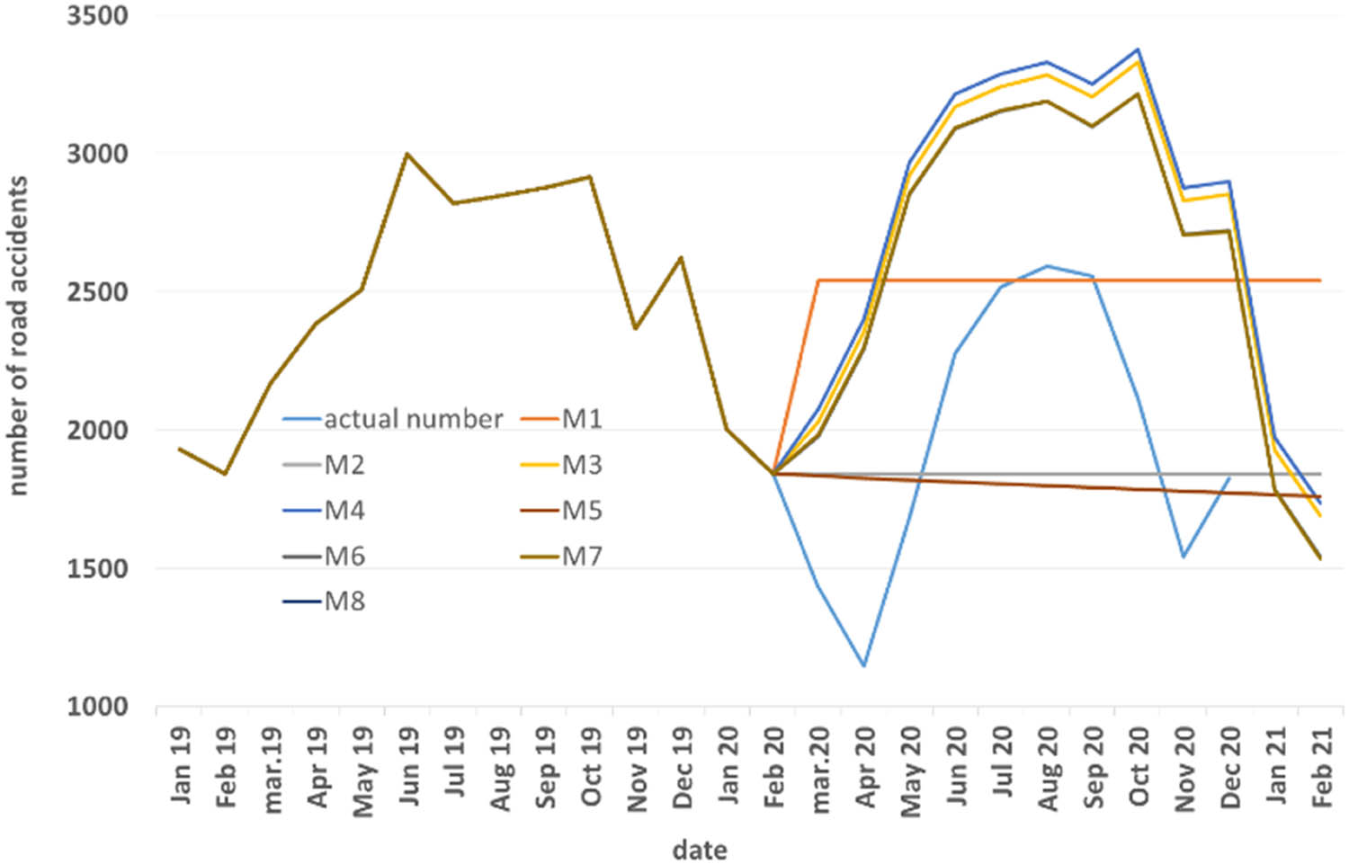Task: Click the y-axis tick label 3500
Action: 97,16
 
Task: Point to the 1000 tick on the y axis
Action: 97,707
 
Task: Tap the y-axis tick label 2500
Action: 97,292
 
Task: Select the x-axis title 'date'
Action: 700,849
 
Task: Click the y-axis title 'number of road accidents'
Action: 18,335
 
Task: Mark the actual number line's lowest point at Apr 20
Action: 864,666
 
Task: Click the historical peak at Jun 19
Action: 407,154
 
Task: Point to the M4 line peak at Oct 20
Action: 1139,49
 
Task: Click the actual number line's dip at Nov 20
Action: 1184,557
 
